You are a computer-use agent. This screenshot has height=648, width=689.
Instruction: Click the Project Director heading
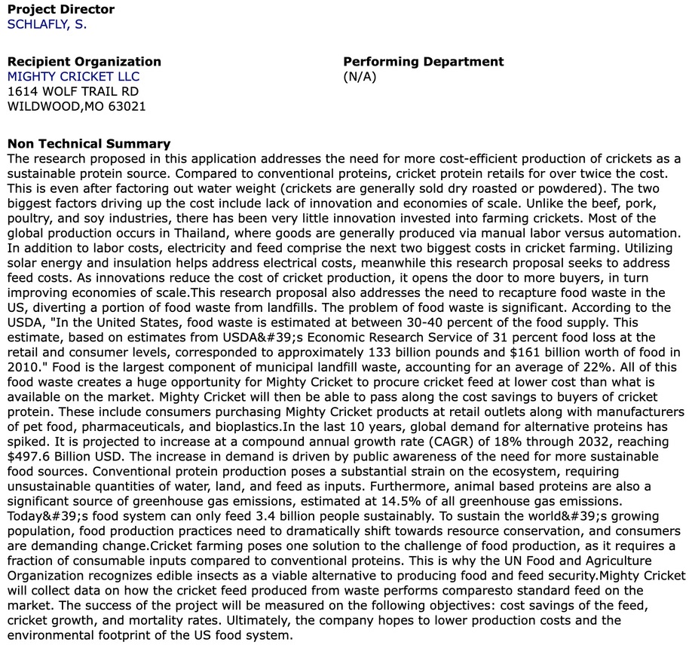click(x=61, y=9)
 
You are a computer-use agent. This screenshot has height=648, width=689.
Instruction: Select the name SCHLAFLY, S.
click(x=47, y=23)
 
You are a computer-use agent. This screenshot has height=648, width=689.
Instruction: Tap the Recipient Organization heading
click(x=84, y=62)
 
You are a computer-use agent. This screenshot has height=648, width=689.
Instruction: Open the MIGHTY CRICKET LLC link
click(x=73, y=76)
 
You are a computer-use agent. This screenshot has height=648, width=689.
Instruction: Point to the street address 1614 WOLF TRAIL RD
click(x=73, y=91)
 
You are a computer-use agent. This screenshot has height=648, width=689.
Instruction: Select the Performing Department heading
click(x=424, y=62)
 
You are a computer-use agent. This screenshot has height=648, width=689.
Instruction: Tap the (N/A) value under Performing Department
click(x=360, y=76)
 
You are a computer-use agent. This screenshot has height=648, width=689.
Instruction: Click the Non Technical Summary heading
click(x=89, y=143)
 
